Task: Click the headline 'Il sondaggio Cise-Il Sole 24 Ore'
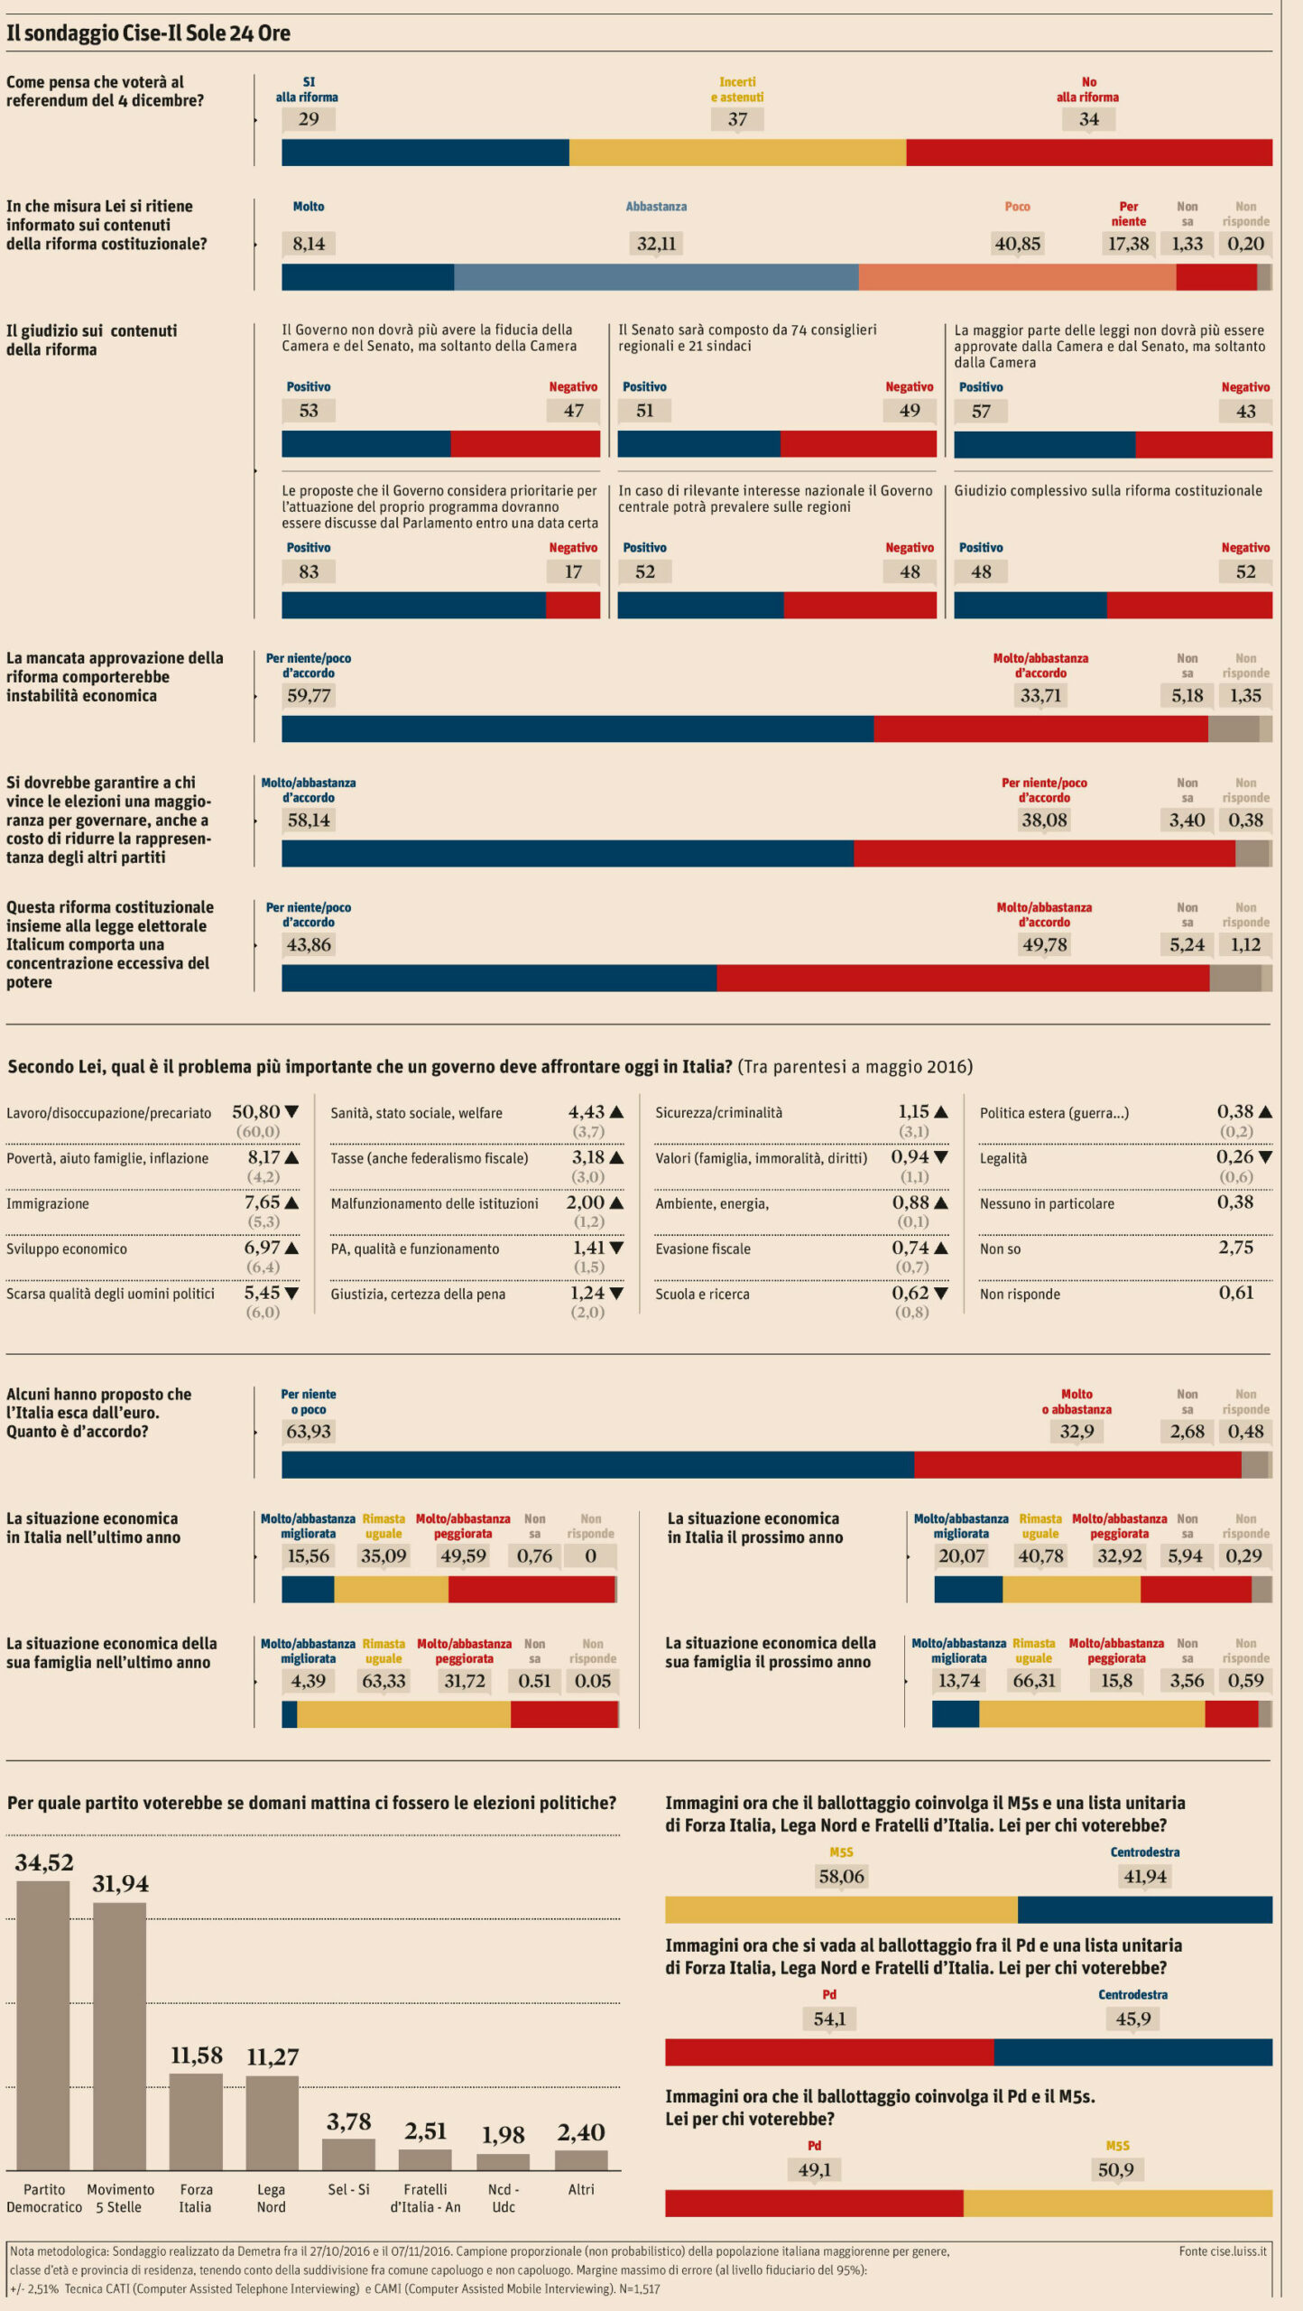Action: [x=148, y=33]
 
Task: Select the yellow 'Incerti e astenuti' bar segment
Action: [x=737, y=153]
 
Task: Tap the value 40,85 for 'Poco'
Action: [x=1017, y=244]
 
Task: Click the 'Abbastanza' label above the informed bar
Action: [x=656, y=207]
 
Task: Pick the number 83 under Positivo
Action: [x=309, y=571]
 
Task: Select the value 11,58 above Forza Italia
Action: [x=197, y=2056]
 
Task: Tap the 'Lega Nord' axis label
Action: [x=271, y=2198]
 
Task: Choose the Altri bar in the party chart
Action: [x=581, y=2160]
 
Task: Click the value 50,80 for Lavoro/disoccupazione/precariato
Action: [x=256, y=1112]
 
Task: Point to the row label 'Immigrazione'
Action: [x=48, y=1204]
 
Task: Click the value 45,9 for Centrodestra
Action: [x=1132, y=2019]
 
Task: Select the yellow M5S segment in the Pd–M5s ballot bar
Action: [x=1117, y=2203]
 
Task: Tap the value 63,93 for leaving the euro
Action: [x=309, y=1432]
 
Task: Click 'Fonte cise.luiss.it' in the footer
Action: [x=1222, y=2251]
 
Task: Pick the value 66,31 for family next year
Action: [x=1034, y=1681]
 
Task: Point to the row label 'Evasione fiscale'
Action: [x=703, y=1249]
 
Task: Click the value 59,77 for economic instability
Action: [x=309, y=696]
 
